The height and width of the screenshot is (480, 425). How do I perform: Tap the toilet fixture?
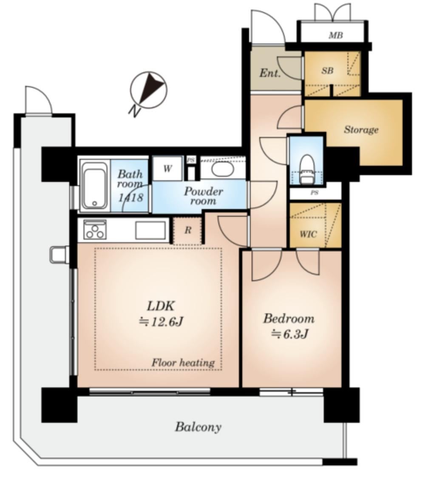pyautogui.click(x=307, y=169)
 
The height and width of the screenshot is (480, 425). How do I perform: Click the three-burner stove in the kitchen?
pyautogui.click(x=95, y=229)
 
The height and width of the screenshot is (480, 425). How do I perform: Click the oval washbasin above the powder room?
pyautogui.click(x=223, y=169)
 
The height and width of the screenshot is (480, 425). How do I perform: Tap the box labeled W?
pyautogui.click(x=167, y=168)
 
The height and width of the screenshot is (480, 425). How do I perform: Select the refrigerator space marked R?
pyautogui.click(x=187, y=230)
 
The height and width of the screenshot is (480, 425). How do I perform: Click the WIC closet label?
pyautogui.click(x=308, y=235)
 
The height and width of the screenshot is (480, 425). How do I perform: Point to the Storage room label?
pyautogui.click(x=361, y=130)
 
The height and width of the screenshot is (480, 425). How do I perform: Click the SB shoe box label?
pyautogui.click(x=327, y=71)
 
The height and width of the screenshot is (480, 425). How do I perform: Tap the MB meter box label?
pyautogui.click(x=336, y=36)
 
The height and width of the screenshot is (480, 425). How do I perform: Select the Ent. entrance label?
pyautogui.click(x=270, y=73)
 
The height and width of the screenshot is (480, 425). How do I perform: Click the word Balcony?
pyautogui.click(x=198, y=427)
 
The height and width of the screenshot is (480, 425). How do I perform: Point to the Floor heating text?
pyautogui.click(x=183, y=363)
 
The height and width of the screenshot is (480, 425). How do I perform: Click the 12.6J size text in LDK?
pyautogui.click(x=161, y=322)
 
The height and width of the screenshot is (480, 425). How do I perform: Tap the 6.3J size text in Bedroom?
pyautogui.click(x=289, y=334)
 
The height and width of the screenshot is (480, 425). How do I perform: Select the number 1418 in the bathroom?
pyautogui.click(x=130, y=197)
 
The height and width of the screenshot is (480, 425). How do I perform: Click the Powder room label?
pyautogui.click(x=203, y=196)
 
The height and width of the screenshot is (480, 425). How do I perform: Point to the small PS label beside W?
pyautogui.click(x=191, y=160)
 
